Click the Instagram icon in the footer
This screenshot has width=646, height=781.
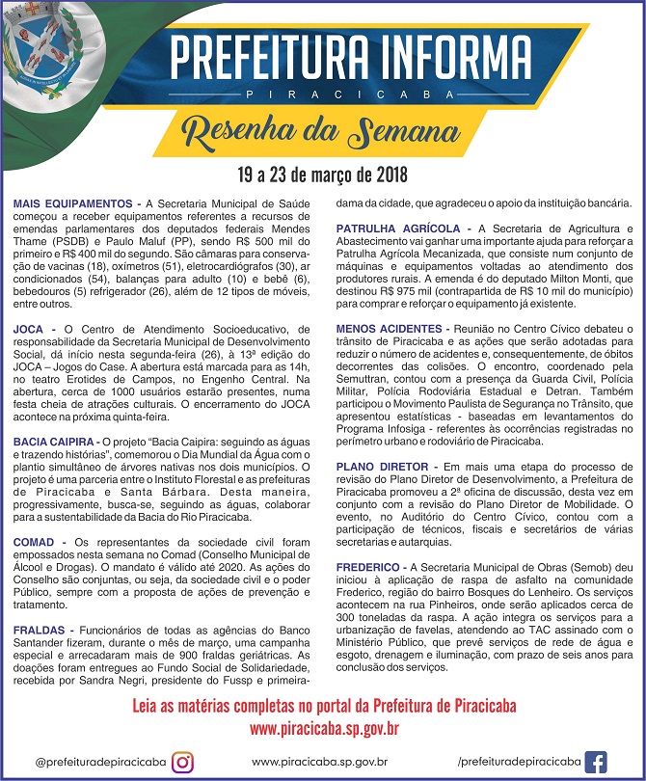(182, 762)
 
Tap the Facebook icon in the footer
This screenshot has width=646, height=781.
(596, 762)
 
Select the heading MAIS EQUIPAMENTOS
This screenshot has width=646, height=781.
(72, 204)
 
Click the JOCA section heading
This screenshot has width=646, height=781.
(28, 329)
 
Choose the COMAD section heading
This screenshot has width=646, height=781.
(34, 542)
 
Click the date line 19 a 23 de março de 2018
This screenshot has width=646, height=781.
(322, 176)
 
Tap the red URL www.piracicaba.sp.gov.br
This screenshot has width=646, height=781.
(324, 728)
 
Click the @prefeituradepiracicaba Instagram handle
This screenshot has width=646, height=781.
(99, 762)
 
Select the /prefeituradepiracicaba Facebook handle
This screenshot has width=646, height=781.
(520, 762)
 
